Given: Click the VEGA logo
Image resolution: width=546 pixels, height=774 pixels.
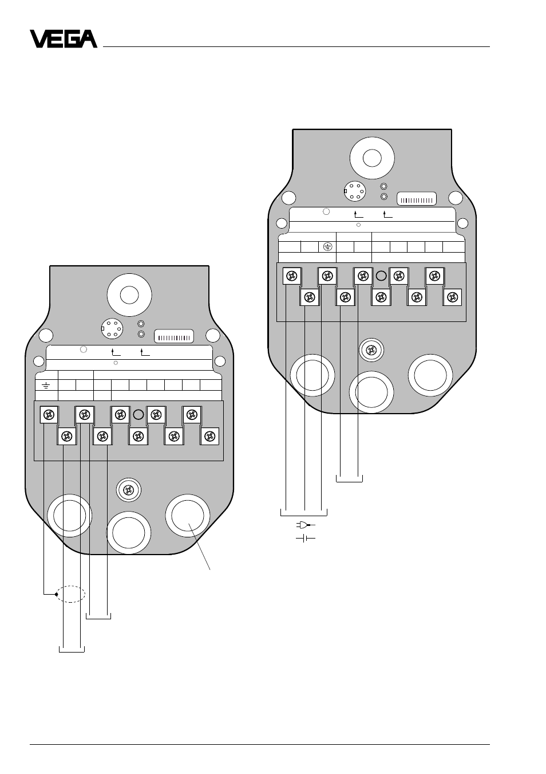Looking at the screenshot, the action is tap(64, 39).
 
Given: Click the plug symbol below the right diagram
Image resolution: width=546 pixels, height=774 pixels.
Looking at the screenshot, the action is tap(306, 525).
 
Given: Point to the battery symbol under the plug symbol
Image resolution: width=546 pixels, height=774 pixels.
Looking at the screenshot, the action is tap(306, 539).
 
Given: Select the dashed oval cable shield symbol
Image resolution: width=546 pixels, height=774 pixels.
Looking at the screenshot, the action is tap(70, 594).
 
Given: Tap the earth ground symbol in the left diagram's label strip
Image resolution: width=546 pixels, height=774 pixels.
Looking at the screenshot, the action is tap(46, 385).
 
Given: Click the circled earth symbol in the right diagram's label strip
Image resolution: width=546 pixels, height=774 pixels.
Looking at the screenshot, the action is tap(327, 247).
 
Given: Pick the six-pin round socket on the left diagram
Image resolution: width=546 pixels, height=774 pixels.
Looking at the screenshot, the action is tap(112, 329).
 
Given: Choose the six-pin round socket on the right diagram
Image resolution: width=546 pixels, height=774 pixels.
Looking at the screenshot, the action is tap(355, 191).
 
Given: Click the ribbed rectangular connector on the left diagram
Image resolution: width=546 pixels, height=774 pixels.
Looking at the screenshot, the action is tap(174, 336).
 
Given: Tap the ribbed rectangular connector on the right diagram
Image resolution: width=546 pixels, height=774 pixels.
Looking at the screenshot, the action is tap(417, 199).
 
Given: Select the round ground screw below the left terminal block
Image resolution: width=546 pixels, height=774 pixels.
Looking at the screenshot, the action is tap(128, 490).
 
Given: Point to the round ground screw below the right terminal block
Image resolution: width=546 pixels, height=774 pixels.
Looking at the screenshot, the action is tap(371, 351).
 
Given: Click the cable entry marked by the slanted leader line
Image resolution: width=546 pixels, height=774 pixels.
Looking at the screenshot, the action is tap(188, 516).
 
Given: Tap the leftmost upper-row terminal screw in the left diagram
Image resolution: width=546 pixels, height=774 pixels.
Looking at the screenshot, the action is tap(49, 415).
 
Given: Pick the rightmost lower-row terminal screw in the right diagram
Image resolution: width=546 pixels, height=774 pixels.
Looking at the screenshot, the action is tap(453, 297).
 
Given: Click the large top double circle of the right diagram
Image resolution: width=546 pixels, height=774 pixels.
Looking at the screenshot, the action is tap(372, 158).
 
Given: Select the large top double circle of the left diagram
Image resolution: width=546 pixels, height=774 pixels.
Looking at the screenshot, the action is tap(129, 296).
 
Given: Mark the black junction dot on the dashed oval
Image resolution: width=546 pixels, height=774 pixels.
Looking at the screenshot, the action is tap(56, 594).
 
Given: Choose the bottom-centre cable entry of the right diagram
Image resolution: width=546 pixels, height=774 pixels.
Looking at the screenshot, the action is tap(371, 393).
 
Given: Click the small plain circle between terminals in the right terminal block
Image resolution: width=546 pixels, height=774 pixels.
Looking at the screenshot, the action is tap(381, 276).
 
